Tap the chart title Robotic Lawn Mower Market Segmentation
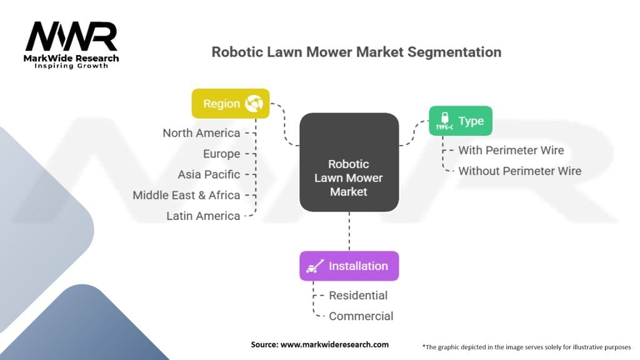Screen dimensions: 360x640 coord(356,51)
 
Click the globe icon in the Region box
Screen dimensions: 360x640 coord(254,103)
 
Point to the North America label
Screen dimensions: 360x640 coord(201,133)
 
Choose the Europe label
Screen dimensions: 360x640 coord(221,154)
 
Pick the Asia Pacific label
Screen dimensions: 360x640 coord(209,174)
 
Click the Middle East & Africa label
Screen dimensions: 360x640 coord(186,195)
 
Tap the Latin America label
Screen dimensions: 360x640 coord(203,216)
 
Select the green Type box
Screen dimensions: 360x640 coord(460,121)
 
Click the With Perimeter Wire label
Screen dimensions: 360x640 coord(511,150)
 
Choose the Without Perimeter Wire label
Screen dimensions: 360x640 coord(519,171)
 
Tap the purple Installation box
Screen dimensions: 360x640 coord(349,266)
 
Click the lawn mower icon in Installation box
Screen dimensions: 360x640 coord(314,266)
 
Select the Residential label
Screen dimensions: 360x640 coord(358,295)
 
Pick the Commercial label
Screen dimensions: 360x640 coord(361,316)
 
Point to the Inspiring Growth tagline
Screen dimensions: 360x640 coord(71,66)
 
